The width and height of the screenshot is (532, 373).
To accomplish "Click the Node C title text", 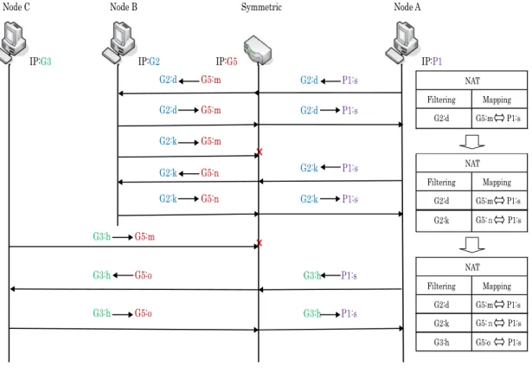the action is click(x=16, y=7).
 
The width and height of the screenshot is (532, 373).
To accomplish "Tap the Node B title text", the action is click(x=124, y=7).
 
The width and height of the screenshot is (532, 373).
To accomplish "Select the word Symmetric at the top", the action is click(x=261, y=7).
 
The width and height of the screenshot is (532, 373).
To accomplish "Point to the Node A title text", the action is click(x=407, y=7).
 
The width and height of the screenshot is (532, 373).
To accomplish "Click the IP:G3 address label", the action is click(x=41, y=61).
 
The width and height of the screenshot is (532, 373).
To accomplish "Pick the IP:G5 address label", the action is click(x=227, y=61).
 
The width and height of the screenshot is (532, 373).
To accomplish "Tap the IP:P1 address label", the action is click(x=432, y=61).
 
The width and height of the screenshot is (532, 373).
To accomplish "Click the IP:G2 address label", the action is click(x=149, y=61).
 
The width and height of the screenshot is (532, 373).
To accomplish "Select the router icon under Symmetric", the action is click(x=258, y=50).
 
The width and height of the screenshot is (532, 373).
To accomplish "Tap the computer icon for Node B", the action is click(x=119, y=42).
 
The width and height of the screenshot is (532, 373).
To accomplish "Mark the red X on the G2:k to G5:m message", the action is click(x=260, y=152).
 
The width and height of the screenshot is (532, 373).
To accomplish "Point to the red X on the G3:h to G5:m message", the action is click(x=260, y=243).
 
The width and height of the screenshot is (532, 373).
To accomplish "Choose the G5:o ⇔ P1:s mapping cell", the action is click(x=499, y=342).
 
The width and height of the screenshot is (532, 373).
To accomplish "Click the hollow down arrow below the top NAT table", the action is click(x=472, y=141).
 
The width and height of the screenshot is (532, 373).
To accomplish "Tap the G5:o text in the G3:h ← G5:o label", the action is click(x=144, y=275).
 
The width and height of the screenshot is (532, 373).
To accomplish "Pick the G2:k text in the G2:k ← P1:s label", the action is click(x=309, y=168).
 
